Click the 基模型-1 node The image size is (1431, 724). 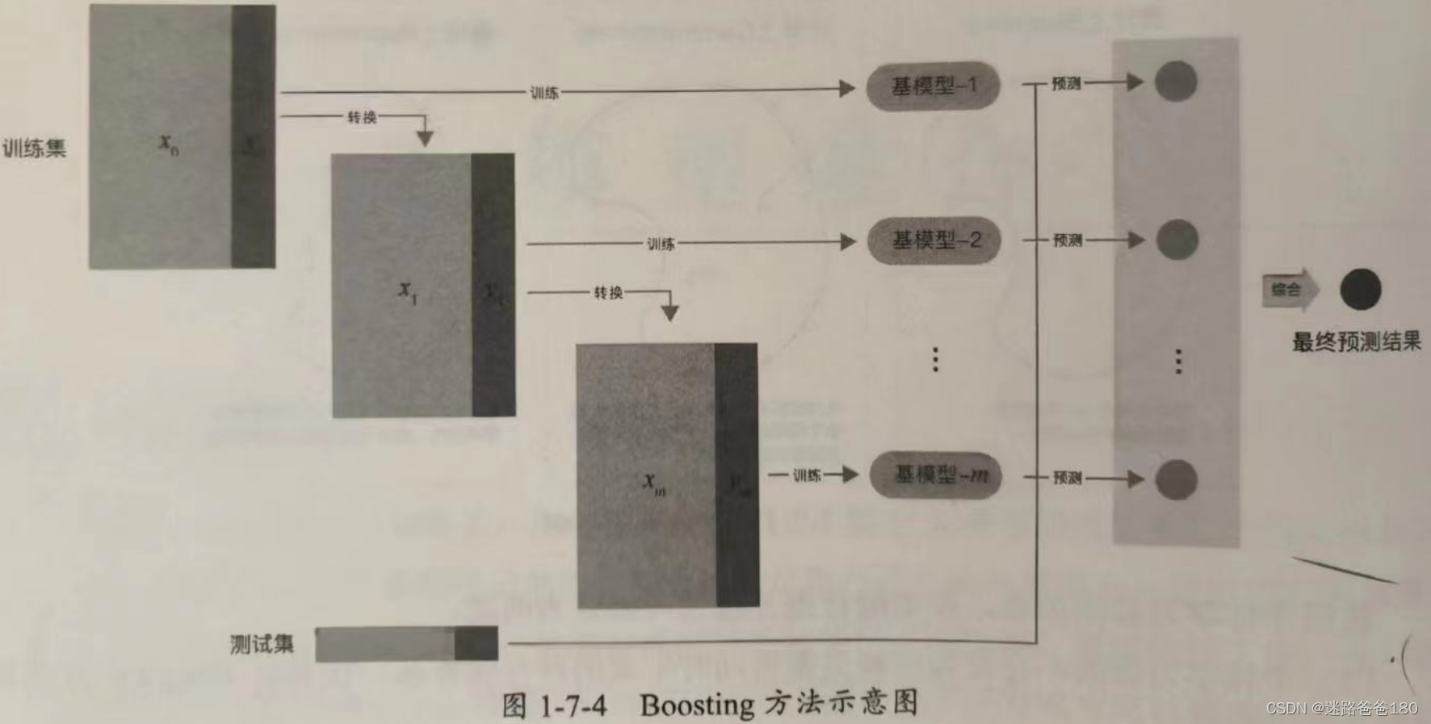tap(933, 86)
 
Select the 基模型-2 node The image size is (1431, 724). tap(934, 241)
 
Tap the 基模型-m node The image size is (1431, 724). tap(936, 475)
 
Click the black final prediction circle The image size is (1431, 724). tap(1361, 290)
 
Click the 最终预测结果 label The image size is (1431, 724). tap(1356, 341)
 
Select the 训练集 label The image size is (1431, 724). tap(34, 149)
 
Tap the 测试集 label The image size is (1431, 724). tap(262, 644)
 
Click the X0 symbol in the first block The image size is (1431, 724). tap(168, 144)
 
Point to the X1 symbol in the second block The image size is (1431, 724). tap(407, 291)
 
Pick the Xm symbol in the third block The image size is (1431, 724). tap(653, 483)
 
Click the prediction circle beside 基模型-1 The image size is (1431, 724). tap(1175, 82)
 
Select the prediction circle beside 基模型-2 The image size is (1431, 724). tap(1177, 240)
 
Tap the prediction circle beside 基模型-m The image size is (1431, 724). tap(1176, 479)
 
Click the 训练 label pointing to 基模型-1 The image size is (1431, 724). tap(544, 93)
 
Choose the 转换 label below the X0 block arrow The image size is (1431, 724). tap(362, 118)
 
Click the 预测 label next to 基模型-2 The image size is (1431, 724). tap(1067, 241)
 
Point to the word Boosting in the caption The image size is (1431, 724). tap(696, 705)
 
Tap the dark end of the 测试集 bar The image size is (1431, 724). tap(476, 644)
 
